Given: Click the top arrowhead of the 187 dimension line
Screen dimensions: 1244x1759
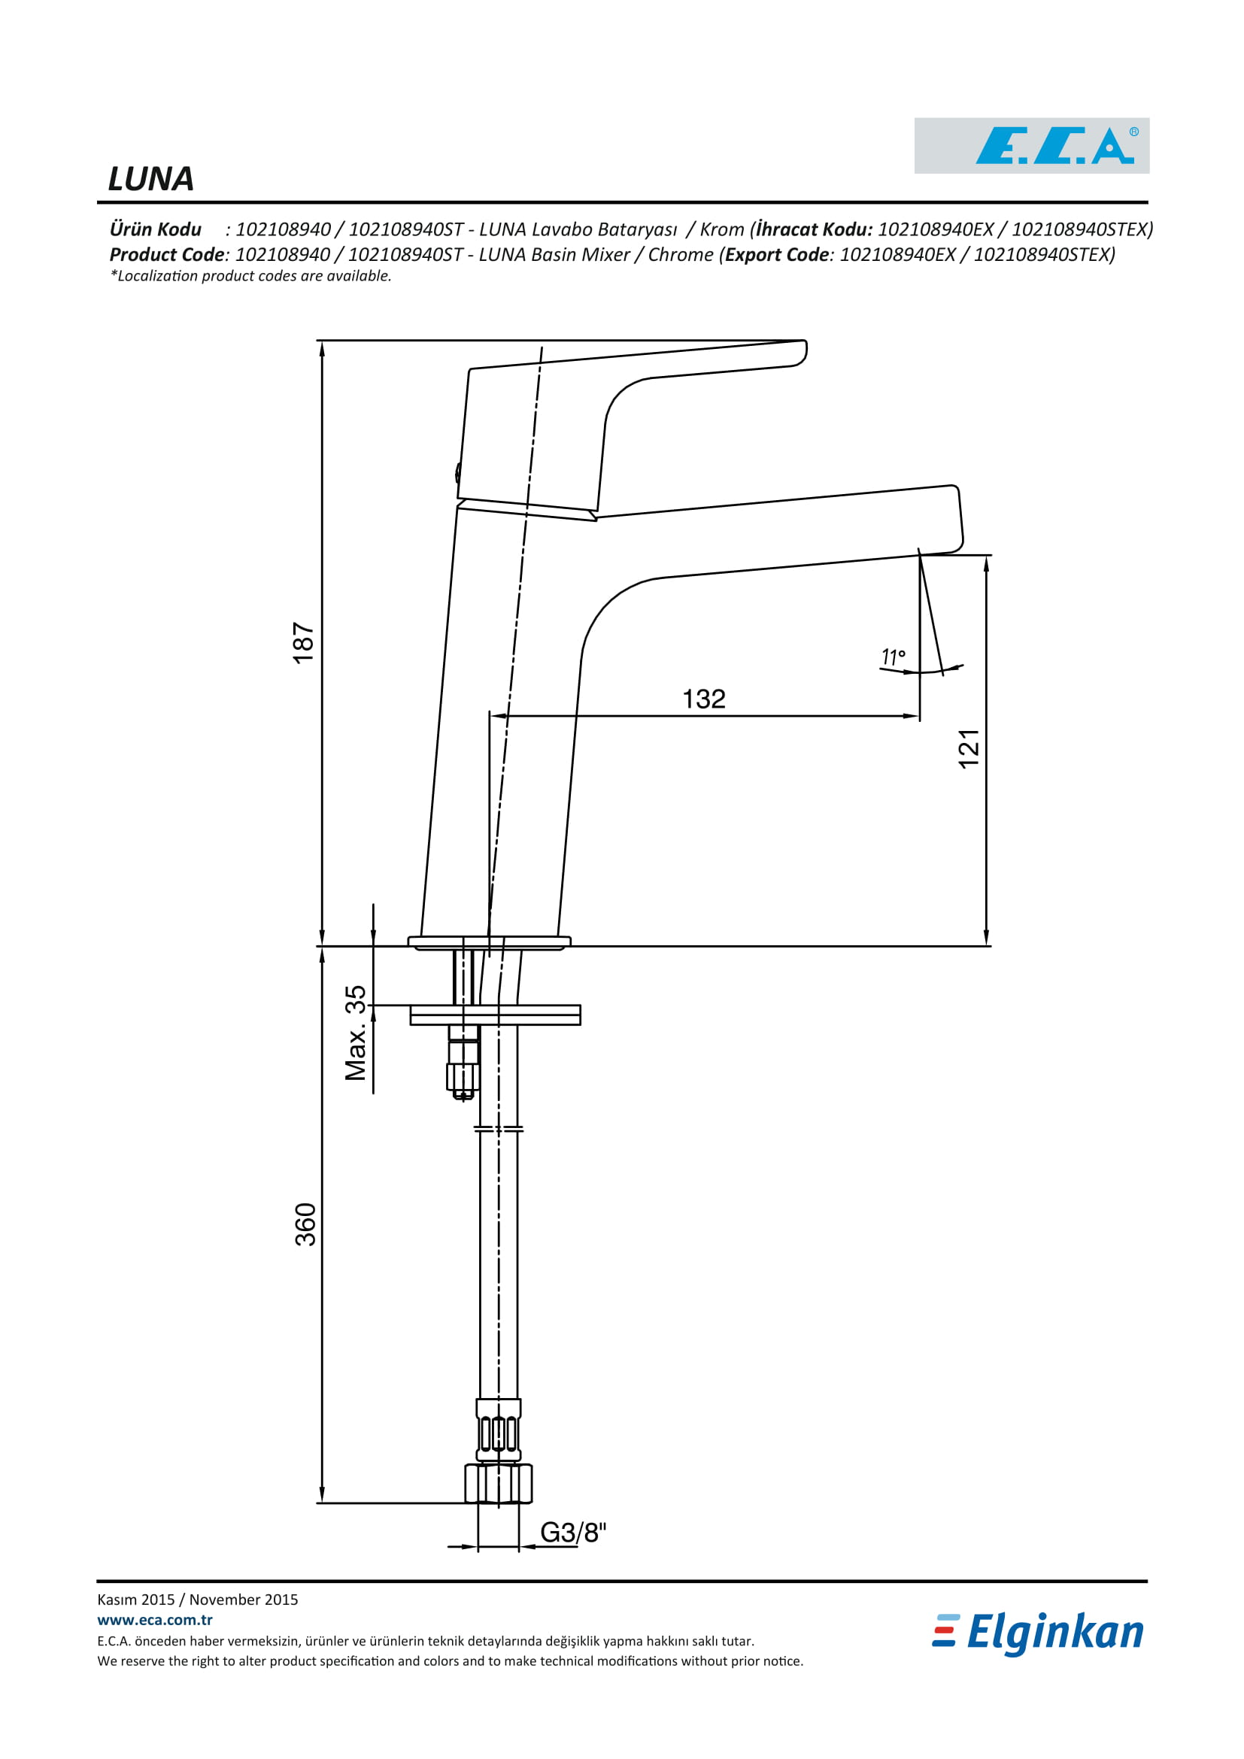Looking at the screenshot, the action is coord(322,349).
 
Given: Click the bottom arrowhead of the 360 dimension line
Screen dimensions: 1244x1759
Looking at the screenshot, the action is coord(322,1495).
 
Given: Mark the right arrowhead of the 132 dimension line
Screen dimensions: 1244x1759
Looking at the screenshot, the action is coord(911,717).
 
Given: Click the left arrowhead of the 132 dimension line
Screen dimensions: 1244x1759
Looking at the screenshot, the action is coord(499,717).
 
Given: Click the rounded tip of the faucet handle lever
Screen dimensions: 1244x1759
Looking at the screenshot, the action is coord(800,352).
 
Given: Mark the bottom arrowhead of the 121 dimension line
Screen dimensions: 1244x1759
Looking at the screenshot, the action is coord(986,938).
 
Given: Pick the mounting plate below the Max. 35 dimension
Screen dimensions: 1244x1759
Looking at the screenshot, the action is coord(496,1015).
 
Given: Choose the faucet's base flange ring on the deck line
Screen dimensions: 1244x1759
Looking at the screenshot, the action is coord(490,943).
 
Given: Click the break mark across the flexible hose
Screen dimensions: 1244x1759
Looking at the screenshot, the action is coord(499,1130).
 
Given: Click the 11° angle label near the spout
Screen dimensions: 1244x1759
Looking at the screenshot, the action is coord(894,657).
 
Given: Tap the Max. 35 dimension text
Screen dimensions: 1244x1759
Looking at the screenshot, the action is coord(356,1033).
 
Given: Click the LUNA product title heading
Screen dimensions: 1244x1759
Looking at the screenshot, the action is coord(151,179).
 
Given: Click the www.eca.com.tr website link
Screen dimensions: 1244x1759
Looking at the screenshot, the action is coord(155,1620).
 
